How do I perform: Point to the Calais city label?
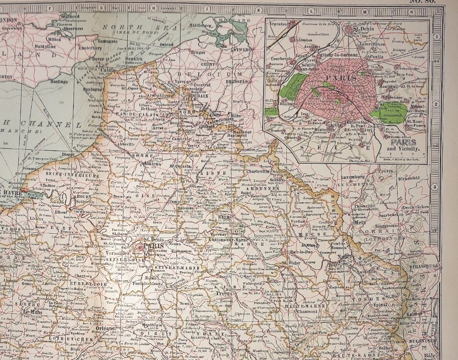point(110,70)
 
